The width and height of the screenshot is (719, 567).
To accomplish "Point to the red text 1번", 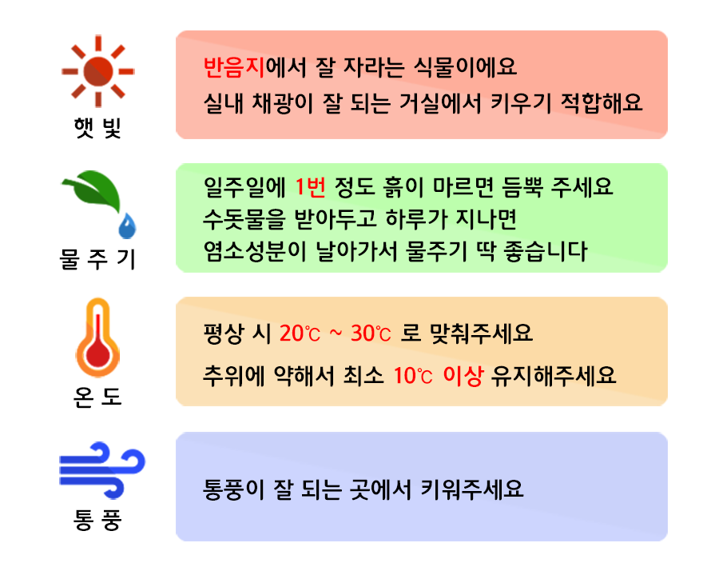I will point(309,187).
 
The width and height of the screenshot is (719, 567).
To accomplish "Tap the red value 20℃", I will point(299,332).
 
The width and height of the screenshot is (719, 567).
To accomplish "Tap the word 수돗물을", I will point(237,219).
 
